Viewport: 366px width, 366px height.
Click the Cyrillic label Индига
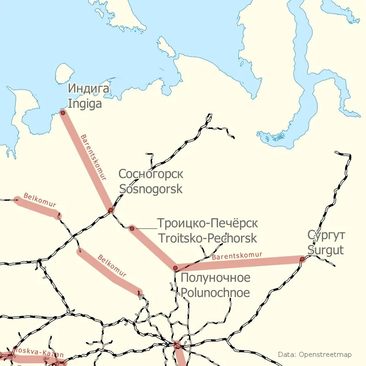[89, 88]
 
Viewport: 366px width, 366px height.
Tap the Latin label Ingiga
[85, 104]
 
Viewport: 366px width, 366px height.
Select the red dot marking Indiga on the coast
[63, 112]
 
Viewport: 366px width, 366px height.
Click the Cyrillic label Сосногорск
[151, 174]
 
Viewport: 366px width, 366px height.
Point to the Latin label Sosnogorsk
[151, 189]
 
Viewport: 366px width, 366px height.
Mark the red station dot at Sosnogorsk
[111, 210]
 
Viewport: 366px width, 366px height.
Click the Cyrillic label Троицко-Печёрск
[207, 223]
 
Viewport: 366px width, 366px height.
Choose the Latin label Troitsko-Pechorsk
[207, 238]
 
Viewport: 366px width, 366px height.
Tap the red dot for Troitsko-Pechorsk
[132, 228]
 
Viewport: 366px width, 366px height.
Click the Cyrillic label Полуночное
[215, 278]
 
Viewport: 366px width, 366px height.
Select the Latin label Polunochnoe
[215, 293]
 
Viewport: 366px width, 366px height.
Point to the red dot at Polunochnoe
[175, 268]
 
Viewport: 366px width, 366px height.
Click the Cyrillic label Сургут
[327, 235]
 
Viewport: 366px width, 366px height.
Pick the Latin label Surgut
[325, 250]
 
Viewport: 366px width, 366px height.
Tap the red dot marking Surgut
[302, 259]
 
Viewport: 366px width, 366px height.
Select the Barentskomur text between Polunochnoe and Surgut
[237, 256]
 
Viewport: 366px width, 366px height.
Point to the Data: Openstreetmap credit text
[315, 355]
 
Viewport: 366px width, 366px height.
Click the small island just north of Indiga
[65, 73]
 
